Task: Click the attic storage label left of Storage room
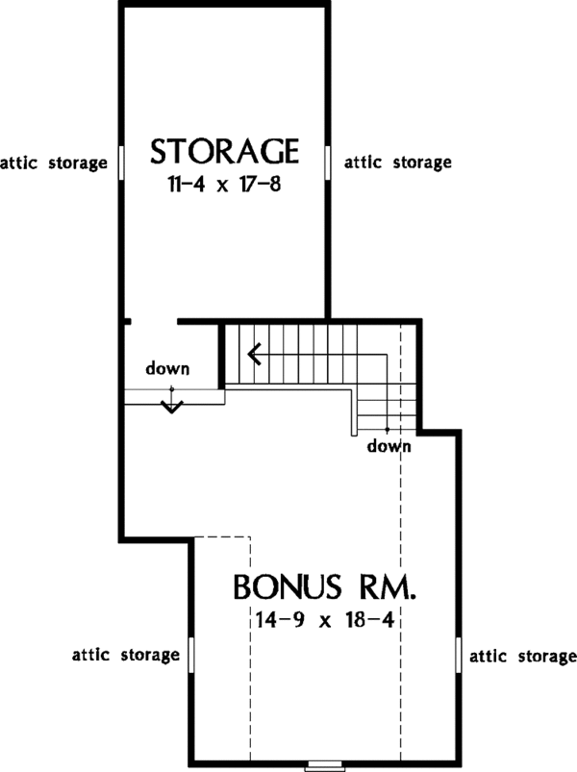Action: tap(53, 162)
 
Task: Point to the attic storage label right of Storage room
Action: tap(397, 162)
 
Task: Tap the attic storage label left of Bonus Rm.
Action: tap(126, 655)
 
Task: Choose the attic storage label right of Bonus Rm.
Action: tap(521, 657)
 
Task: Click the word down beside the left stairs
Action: tap(167, 368)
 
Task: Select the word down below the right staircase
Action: tap(389, 446)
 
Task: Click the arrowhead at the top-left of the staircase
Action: tap(254, 355)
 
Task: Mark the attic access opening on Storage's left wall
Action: tap(120, 162)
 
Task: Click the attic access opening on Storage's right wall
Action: tap(329, 162)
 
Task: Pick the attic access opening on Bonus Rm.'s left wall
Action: tap(191, 657)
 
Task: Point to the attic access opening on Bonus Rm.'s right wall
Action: tap(457, 657)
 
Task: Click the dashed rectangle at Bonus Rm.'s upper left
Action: tap(222, 577)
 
